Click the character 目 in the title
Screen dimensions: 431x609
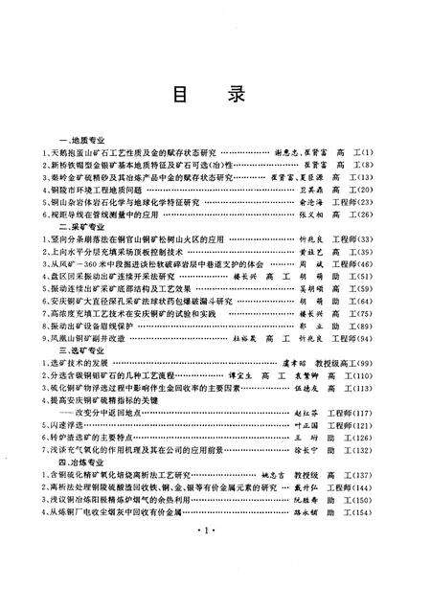coord(179,95)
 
